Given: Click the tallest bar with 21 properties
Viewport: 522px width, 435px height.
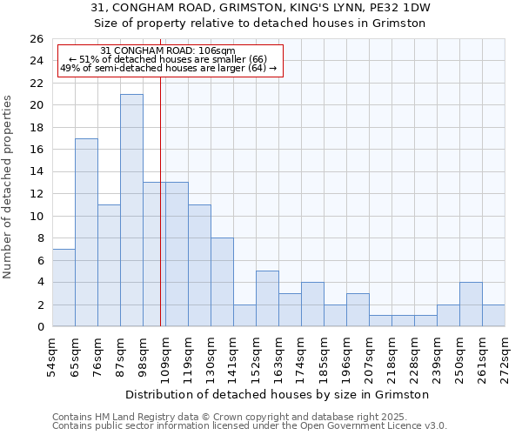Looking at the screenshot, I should pyautogui.click(x=131, y=211).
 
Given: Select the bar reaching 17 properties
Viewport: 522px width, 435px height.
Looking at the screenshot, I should pyautogui.click(x=86, y=232).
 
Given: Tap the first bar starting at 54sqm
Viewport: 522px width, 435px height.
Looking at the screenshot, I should pyautogui.click(x=64, y=288).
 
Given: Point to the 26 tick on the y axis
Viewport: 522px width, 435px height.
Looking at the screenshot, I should pyautogui.click(x=36, y=39).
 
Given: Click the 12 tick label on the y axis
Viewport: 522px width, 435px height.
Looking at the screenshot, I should pyautogui.click(x=36, y=194).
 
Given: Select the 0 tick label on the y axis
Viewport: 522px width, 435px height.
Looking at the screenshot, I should pyautogui.click(x=39, y=327).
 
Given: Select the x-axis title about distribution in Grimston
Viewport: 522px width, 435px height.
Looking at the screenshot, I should pyautogui.click(x=278, y=394).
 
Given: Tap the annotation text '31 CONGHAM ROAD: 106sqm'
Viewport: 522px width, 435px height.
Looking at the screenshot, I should pyautogui.click(x=168, y=51).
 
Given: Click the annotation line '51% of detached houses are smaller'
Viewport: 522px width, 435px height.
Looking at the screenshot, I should pyautogui.click(x=168, y=59).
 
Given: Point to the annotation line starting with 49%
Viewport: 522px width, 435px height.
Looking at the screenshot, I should pyautogui.click(x=168, y=68).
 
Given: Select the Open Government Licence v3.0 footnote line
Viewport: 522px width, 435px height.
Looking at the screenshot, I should pyautogui.click(x=250, y=425).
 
